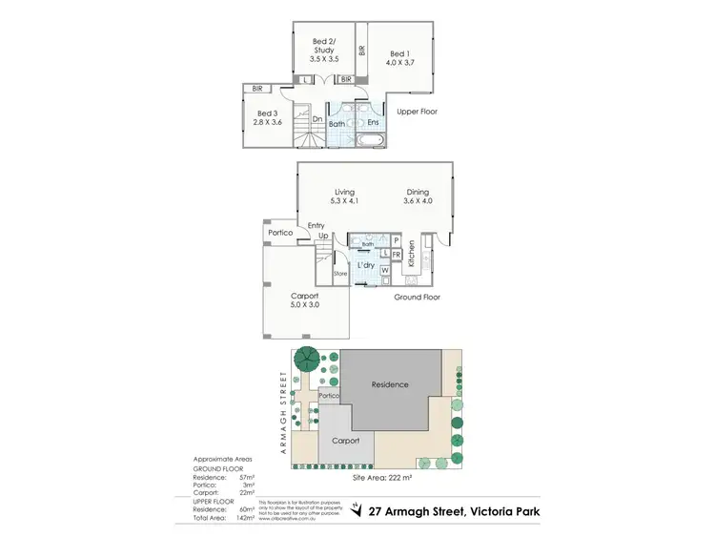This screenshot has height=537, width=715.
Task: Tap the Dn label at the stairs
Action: coord(317,119)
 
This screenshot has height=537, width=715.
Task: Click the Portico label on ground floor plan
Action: coord(278,233)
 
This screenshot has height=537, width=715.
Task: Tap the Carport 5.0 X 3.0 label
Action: coord(304,300)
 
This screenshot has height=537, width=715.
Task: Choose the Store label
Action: coord(340,274)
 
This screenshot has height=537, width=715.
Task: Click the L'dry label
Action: coord(364,263)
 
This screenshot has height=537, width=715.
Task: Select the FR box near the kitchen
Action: coord(396,255)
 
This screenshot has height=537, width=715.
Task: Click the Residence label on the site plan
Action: coord(389,384)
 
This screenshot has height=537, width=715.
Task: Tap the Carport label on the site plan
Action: coord(345,442)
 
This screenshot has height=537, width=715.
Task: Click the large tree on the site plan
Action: coord(307,360)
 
